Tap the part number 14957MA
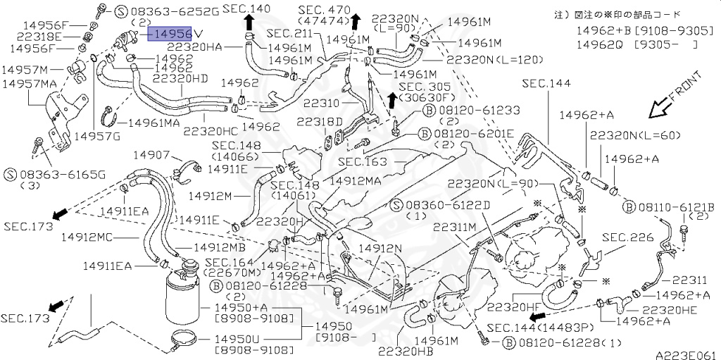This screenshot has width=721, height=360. point(30,83)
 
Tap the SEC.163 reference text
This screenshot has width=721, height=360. point(362,161)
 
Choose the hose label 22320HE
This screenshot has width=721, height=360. point(674,309)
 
